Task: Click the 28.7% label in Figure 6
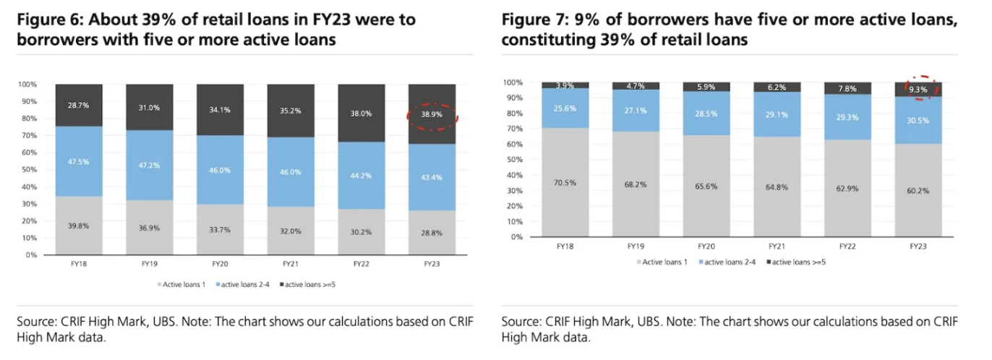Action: tap(79, 106)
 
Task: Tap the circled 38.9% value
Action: tap(432, 114)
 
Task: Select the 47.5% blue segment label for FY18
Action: tap(79, 162)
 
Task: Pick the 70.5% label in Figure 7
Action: tap(565, 182)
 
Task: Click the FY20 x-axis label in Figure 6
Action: tap(220, 265)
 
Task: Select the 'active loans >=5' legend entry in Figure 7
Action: tap(798, 262)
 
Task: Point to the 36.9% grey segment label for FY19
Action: tap(150, 228)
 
